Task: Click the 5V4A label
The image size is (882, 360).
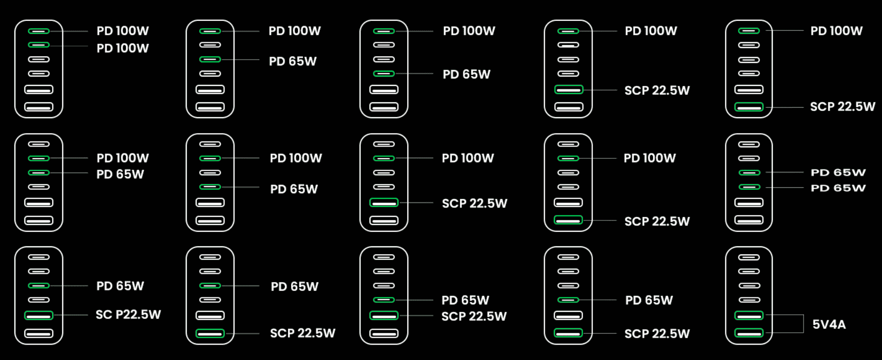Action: tap(829, 324)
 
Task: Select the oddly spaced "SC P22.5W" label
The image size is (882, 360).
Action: tap(128, 314)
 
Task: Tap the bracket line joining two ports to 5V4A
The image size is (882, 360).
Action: tap(803, 323)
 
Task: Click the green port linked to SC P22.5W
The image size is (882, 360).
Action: tap(39, 315)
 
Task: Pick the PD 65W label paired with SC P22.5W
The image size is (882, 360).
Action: tap(120, 286)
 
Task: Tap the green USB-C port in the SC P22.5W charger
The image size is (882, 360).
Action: tap(39, 286)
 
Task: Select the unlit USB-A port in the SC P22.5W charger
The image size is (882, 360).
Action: tap(39, 333)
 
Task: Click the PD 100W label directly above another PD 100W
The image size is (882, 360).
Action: tap(123, 31)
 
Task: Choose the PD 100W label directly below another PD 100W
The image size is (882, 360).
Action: tap(123, 48)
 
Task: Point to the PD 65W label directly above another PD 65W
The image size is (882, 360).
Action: tap(838, 172)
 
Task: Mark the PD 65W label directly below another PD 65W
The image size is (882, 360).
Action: tap(838, 188)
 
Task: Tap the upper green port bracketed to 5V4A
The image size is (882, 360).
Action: tap(749, 315)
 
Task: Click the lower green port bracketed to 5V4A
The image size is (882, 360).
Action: tap(749, 333)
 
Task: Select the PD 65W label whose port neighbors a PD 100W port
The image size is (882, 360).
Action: tap(120, 174)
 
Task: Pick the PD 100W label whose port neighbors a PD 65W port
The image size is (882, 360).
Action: tap(123, 158)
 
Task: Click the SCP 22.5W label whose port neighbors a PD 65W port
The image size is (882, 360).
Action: tap(474, 316)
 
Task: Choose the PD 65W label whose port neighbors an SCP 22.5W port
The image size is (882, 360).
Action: tap(465, 300)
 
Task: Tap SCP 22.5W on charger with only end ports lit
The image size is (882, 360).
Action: tap(843, 106)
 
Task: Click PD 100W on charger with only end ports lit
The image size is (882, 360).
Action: tap(837, 31)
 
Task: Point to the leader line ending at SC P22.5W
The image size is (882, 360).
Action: tap(70, 315)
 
